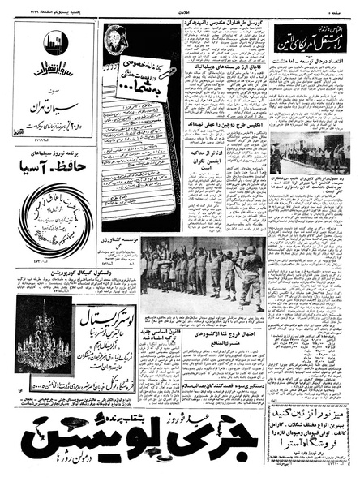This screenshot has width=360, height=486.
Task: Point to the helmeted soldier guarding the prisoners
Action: pos(252,276)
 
